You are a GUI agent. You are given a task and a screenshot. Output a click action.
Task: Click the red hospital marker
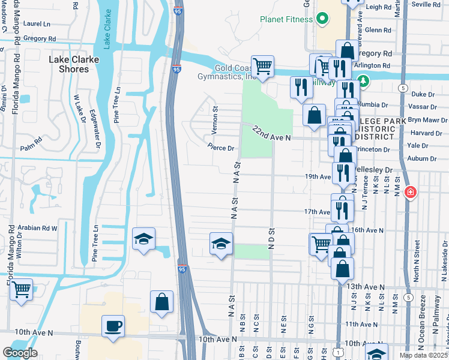410,192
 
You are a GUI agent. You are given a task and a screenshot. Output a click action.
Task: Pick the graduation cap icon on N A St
221,244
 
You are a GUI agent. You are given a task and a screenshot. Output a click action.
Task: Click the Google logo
20,353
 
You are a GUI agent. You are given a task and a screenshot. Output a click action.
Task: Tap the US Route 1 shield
339,352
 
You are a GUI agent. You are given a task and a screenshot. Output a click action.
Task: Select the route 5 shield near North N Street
409,296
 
